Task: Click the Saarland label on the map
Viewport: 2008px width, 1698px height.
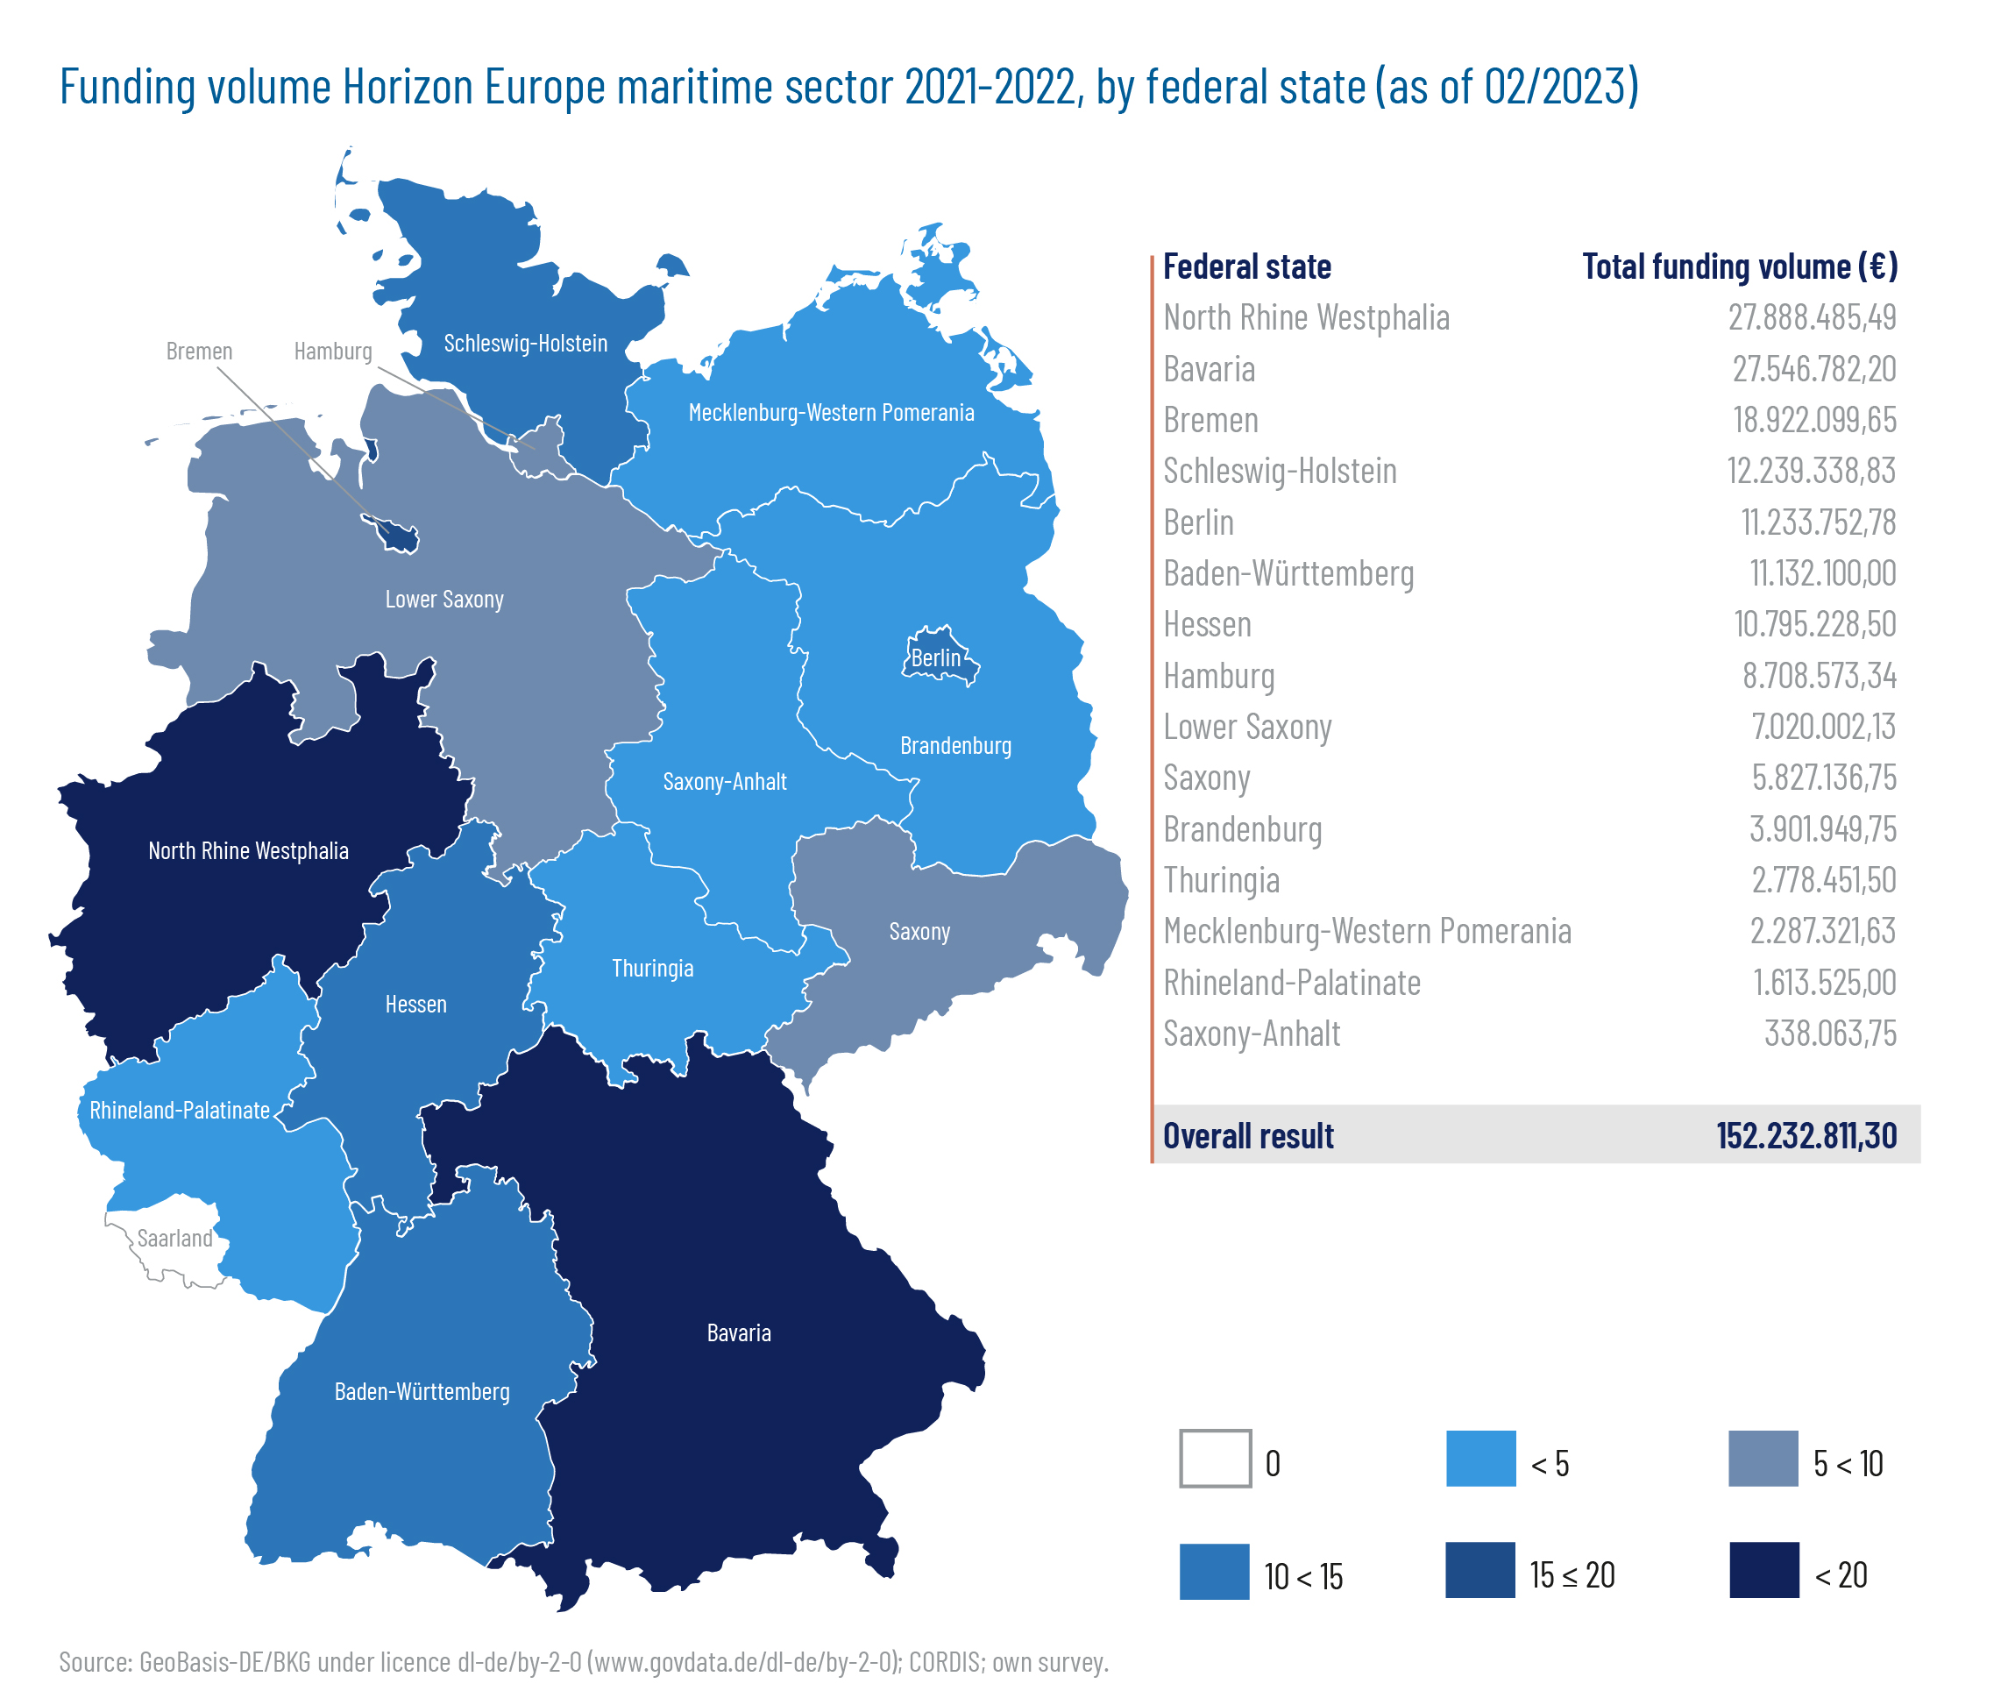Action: [174, 1238]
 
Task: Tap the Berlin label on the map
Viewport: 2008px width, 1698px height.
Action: [936, 658]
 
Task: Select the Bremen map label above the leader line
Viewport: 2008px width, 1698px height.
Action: [199, 352]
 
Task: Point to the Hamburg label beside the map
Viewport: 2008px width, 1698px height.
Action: [333, 352]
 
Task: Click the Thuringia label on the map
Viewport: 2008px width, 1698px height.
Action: [653, 969]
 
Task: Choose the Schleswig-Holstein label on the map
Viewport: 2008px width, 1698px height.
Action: [526, 344]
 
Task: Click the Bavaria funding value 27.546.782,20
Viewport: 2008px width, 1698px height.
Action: [1813, 369]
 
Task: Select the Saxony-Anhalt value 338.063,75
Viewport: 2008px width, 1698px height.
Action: [1830, 1034]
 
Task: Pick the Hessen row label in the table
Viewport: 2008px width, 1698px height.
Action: [1207, 625]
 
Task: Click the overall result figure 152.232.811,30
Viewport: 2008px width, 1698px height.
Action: [1806, 1136]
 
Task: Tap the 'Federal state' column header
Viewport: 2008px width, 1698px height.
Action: [1246, 266]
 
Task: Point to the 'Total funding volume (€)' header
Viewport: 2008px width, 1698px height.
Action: [1740, 266]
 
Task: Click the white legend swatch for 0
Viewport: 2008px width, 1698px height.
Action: [1215, 1459]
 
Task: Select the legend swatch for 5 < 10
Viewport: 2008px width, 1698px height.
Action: [1763, 1459]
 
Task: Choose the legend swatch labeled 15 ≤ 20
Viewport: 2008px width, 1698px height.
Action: [1479, 1570]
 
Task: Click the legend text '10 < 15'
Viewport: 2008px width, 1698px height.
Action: [1303, 1576]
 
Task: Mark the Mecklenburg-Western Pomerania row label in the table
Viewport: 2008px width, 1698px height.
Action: [1367, 932]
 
